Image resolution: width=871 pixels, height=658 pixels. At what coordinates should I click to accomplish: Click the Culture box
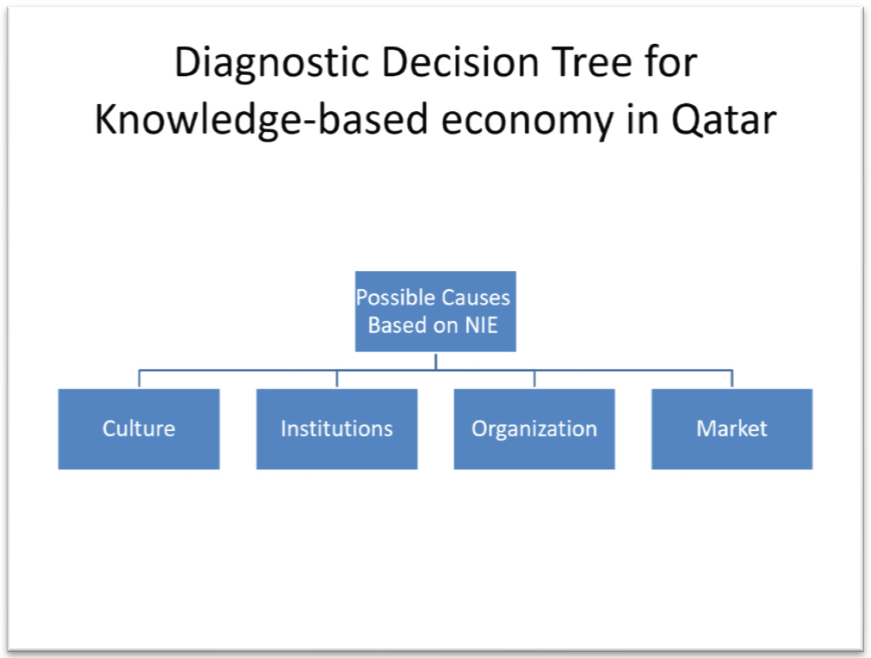(x=139, y=429)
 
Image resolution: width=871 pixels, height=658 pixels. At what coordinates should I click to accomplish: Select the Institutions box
(x=337, y=429)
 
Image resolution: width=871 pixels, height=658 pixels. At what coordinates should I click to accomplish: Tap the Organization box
(x=534, y=429)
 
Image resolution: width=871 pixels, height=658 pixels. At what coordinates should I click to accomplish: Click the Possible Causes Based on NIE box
(x=436, y=311)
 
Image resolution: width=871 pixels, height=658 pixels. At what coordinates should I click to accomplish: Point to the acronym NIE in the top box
(x=481, y=325)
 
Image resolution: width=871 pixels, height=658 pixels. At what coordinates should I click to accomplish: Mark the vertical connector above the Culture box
(x=139, y=379)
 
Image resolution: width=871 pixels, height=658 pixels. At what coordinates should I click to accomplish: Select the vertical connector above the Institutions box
(x=337, y=379)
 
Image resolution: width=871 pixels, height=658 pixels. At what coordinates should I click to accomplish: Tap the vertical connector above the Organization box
(x=534, y=379)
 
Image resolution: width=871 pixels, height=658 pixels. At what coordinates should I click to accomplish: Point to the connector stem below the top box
(x=436, y=361)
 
